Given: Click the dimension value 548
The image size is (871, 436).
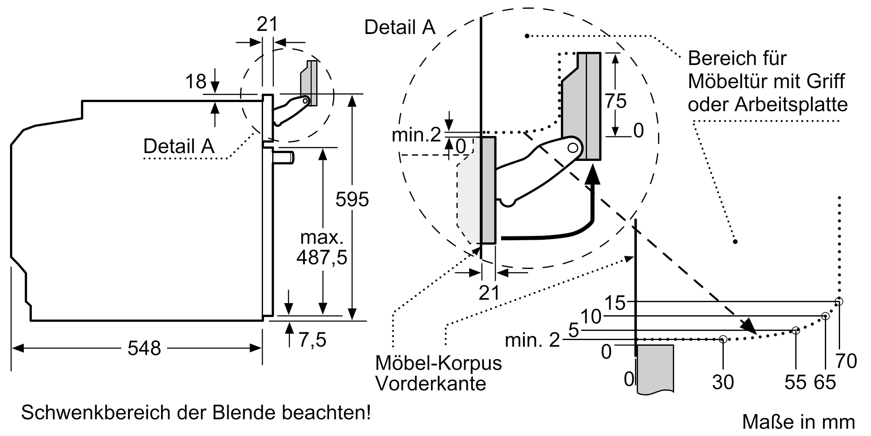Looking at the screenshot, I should pos(144,348).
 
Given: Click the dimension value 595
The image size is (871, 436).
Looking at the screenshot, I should pos(352,199).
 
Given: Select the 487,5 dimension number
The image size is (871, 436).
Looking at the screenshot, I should pos(322,257).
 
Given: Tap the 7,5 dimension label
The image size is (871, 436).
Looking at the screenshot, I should pos(312,340).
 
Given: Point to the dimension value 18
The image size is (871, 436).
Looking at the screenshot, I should pos(196,82).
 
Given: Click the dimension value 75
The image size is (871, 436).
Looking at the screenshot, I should pos(615,101).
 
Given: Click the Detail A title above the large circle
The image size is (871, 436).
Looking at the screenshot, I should pos(399,27).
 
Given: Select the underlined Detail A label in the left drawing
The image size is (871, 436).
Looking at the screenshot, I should pos(179,146).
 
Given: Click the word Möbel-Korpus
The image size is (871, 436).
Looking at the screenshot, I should pos(438,363).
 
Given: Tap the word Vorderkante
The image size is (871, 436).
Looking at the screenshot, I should pos(430,384).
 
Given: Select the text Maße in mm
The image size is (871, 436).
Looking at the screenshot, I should pos(798,422).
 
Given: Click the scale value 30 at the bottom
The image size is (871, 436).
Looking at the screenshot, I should pos(723,382).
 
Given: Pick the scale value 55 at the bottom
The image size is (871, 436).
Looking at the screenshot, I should pos(795,382).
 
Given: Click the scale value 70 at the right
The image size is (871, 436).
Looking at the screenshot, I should pos(846,361).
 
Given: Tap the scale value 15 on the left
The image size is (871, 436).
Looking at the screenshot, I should pos(615,302).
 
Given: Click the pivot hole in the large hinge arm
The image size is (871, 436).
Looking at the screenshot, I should pos(573,148).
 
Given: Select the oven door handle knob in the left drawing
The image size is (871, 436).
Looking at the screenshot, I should pos(284,157).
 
